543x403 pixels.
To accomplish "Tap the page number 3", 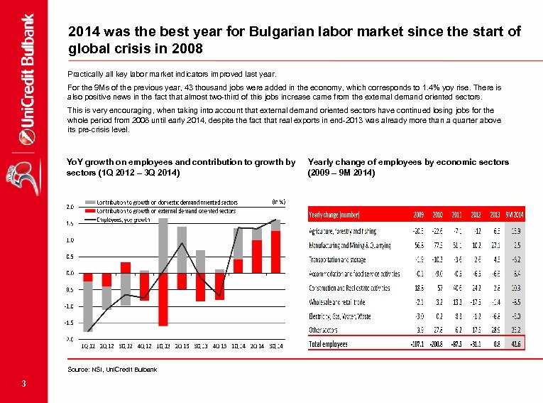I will [24, 385].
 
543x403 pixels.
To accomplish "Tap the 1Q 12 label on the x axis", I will [89, 346].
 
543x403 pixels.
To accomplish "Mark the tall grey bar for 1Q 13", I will [163, 245].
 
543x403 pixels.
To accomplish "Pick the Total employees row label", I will [329, 344].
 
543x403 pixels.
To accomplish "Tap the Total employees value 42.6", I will [516, 344].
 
